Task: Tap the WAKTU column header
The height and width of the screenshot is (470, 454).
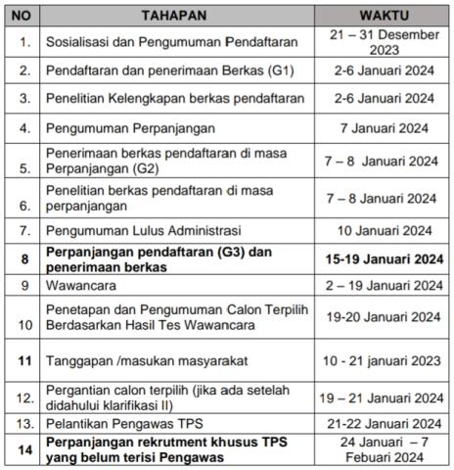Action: [x=383, y=17]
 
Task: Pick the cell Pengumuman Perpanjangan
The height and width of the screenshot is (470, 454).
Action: [x=121, y=127]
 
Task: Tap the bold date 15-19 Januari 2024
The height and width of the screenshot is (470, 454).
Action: [x=384, y=259]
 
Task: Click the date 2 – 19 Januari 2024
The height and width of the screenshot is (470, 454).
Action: [x=384, y=286]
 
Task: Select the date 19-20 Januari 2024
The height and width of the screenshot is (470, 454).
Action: [x=384, y=316]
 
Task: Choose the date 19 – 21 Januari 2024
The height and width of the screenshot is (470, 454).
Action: [x=384, y=399]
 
